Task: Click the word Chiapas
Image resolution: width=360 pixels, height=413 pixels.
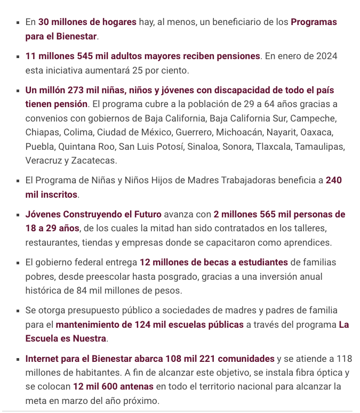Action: pos(41,132)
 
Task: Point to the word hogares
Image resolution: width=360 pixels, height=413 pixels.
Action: pos(119,22)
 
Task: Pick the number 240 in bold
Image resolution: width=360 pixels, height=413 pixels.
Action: pos(334,180)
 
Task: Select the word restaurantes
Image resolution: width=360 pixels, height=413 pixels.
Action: pos(51,243)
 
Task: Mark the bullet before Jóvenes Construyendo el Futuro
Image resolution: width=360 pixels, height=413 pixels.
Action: pos(18,215)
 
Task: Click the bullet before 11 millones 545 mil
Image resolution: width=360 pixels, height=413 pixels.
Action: pos(18,56)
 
